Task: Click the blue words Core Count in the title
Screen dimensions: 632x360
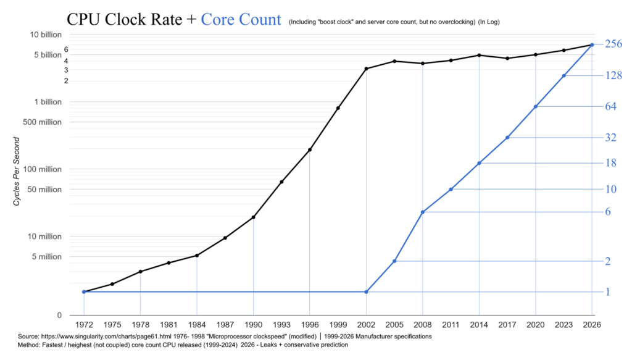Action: [241, 19]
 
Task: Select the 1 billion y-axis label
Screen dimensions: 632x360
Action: [48, 102]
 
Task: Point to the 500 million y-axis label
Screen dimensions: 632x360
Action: [43, 122]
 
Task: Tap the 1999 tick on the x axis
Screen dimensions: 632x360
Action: [338, 325]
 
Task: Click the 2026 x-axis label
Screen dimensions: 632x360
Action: [592, 325]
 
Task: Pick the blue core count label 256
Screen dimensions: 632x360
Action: [613, 44]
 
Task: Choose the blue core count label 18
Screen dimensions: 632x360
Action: [611, 163]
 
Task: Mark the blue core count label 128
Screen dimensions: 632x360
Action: [614, 75]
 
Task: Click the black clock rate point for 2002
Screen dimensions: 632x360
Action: [366, 69]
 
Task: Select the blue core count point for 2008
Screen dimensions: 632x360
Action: [422, 212]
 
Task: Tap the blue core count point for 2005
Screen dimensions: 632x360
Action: [394, 261]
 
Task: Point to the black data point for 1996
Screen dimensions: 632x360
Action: [310, 150]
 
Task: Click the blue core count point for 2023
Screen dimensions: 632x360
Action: [563, 76]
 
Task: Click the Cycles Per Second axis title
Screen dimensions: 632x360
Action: [16, 171]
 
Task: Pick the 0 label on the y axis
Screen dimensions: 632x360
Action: [59, 316]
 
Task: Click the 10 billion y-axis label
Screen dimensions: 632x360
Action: [46, 35]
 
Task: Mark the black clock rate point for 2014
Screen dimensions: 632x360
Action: [479, 55]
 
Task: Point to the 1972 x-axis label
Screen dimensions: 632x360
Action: [84, 325]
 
